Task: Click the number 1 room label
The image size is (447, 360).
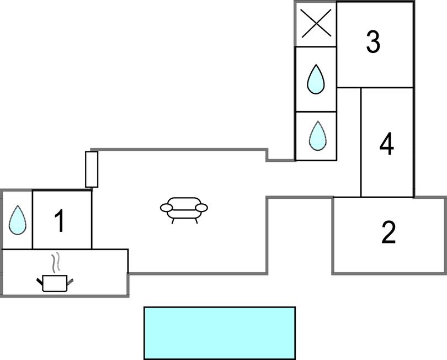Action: click(60, 221)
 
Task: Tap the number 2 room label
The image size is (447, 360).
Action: click(389, 232)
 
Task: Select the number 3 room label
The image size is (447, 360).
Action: click(374, 42)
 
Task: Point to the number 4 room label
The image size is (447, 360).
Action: click(387, 144)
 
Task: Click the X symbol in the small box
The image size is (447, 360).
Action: click(316, 25)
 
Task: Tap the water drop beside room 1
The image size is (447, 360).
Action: click(17, 219)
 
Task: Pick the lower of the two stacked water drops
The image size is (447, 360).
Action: click(317, 135)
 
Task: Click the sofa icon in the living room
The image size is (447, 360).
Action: click(184, 209)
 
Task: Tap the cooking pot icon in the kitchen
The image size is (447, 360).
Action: click(55, 283)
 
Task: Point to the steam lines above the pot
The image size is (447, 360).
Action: click(55, 262)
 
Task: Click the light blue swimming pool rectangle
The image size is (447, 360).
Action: click(220, 333)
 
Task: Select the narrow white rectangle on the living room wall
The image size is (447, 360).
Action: click(92, 169)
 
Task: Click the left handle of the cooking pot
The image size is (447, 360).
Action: click(40, 282)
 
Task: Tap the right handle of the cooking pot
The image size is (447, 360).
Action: click(70, 282)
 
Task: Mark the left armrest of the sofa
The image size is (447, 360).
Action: click(166, 208)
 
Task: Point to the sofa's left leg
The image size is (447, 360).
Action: click(173, 220)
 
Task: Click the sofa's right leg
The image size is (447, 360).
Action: click(195, 220)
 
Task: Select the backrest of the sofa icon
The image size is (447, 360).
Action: click(184, 202)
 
